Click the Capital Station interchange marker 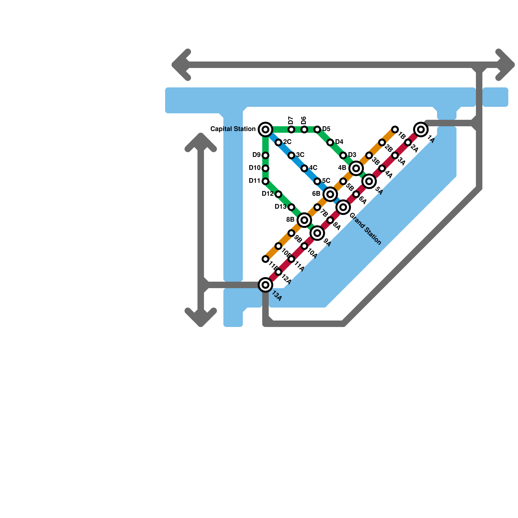click(265, 129)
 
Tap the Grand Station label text click(366, 229)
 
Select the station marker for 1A click(421, 129)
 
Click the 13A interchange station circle click(265, 285)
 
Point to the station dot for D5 click(317, 129)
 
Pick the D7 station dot click(291, 129)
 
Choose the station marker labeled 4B click(356, 168)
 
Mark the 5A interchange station click(369, 181)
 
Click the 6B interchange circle click(330, 194)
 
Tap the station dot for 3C click(291, 155)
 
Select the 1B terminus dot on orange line click(395, 129)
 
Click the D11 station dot click(265, 181)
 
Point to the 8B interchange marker click(304, 220)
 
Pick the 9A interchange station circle click(317, 233)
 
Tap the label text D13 click(280, 207)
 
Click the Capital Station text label click(233, 129)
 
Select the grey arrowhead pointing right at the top click(507, 65)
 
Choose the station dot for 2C click(278, 142)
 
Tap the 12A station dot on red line click(278, 272)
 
